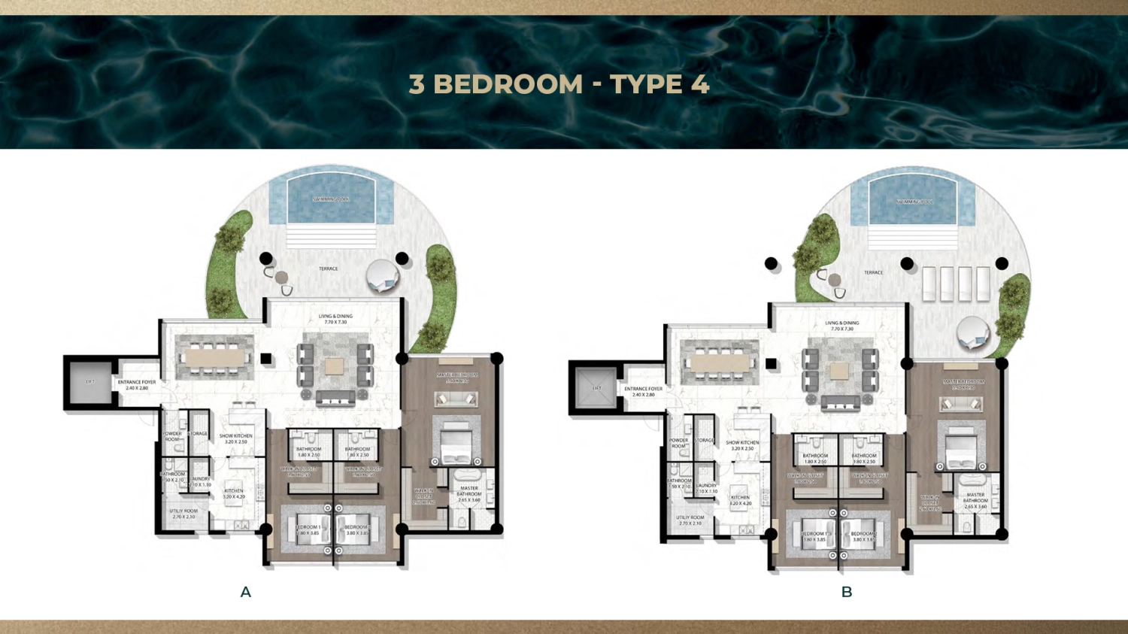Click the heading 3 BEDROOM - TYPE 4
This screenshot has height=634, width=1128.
tap(559, 84)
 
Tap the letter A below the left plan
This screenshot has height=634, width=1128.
tap(245, 593)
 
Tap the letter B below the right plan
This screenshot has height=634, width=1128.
tap(847, 593)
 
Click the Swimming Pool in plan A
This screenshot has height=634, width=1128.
tap(331, 199)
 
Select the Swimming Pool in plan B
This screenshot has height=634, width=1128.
tap(913, 202)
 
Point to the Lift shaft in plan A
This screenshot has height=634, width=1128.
tap(90, 382)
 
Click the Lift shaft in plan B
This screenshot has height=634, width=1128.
tap(596, 389)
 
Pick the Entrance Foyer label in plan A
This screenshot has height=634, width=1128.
tap(137, 385)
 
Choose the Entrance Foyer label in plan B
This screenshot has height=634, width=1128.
tap(644, 392)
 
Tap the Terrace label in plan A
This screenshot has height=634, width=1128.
tap(329, 268)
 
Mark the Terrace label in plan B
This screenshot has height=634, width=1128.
tap(873, 272)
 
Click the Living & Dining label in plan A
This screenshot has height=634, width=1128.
tap(335, 319)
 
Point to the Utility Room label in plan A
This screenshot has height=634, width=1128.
tap(183, 514)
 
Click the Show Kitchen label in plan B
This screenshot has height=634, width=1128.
tap(742, 445)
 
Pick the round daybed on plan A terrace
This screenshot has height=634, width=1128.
tap(383, 276)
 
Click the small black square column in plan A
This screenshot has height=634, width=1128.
tap(266, 359)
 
